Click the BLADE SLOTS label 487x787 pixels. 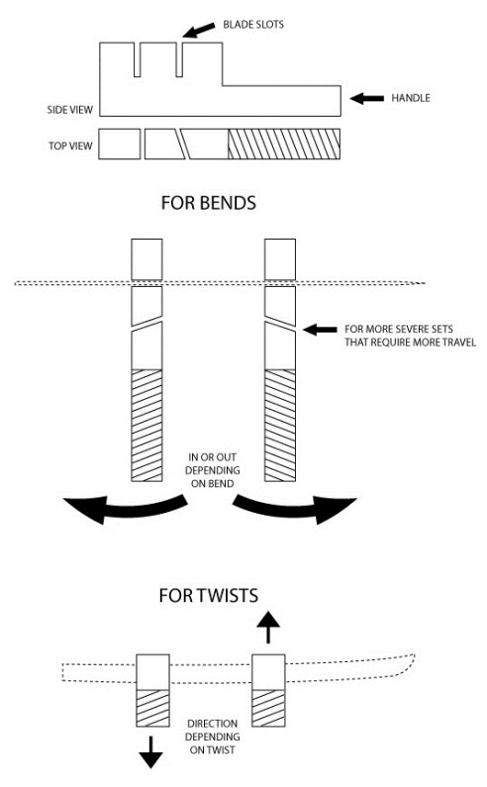coord(253,24)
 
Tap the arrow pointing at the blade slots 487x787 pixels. coord(198,30)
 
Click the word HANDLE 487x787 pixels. coord(411,98)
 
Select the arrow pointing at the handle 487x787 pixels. coord(367,98)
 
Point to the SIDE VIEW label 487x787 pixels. coord(70,110)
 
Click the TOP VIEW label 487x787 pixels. coord(70,146)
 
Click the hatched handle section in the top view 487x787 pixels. coord(284,145)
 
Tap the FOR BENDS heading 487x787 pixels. coord(208,203)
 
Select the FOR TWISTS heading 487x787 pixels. coord(208,595)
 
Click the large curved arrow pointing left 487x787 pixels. coord(126,508)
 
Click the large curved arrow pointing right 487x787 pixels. coord(294,508)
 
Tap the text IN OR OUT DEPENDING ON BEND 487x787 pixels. coord(212,470)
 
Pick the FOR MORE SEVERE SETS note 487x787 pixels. coord(410,336)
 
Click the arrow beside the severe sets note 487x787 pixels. coord(320,330)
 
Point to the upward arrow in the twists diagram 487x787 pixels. coord(268,627)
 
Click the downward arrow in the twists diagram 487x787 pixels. coord(150,752)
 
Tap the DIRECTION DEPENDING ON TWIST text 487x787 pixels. coord(212,737)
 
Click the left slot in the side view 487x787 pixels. coord(137,59)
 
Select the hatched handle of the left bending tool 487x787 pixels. coord(146,426)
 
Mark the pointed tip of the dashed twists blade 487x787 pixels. coord(415,654)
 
